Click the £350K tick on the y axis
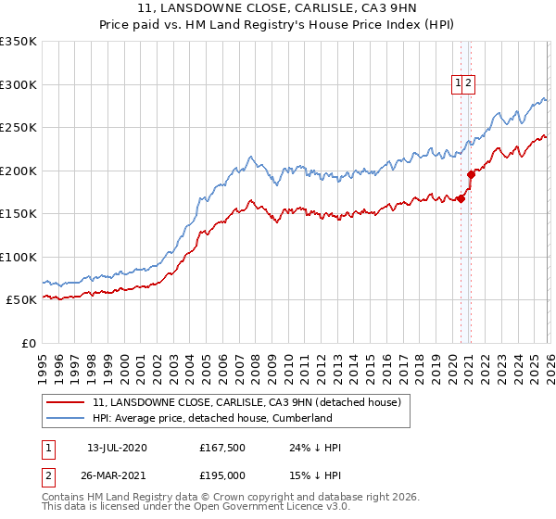click(x=19, y=42)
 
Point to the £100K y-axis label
click(x=19, y=257)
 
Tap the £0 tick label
click(x=28, y=343)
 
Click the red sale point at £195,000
click(x=471, y=173)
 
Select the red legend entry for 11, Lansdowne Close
click(x=246, y=402)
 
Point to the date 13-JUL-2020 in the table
click(x=117, y=448)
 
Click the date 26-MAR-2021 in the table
click(x=117, y=475)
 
